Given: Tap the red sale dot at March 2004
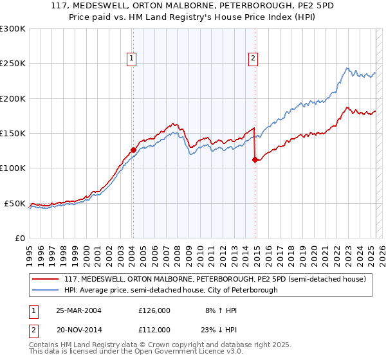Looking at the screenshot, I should tap(133, 150).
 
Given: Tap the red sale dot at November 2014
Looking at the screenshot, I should tap(255, 160).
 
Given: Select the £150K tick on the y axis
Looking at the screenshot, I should tap(13, 134).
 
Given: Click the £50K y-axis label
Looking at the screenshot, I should tap(15, 203).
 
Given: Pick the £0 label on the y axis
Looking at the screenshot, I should tap(21, 238).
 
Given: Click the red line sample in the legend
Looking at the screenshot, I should tap(45, 279).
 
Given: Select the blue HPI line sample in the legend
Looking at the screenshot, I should tap(45, 290).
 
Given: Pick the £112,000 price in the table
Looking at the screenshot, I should tap(154, 330).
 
